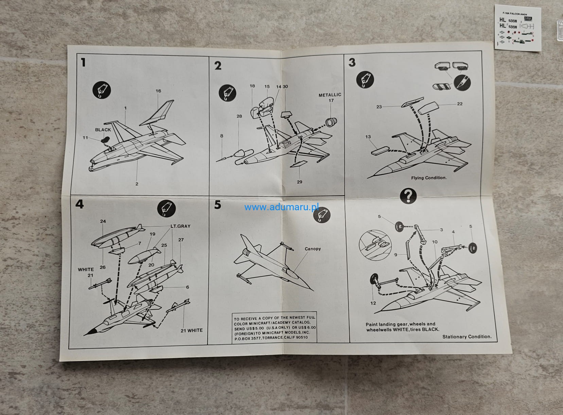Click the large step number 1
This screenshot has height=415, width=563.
[x=83, y=63]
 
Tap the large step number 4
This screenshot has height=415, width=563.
[x=79, y=204]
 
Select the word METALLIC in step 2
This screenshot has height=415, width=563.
[x=330, y=95]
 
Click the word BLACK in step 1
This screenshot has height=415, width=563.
[x=103, y=130]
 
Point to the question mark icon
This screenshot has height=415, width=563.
[x=408, y=196]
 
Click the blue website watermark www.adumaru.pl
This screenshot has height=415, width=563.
[x=283, y=207]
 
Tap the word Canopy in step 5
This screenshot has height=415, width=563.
[x=313, y=249]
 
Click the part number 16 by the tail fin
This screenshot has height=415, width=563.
[x=158, y=91]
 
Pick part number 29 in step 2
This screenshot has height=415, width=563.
[x=299, y=182]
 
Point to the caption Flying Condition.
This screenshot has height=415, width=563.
[x=429, y=178]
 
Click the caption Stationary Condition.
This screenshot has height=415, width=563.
[x=467, y=337]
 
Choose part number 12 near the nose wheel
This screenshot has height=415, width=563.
[x=373, y=303]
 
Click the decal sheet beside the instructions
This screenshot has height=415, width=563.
[x=517, y=29]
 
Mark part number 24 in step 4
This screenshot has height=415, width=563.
[x=103, y=221]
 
